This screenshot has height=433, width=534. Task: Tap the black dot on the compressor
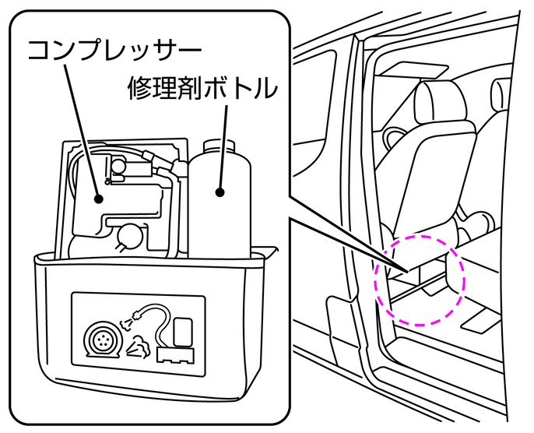[x=99, y=199]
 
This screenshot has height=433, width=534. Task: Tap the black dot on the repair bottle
[x=220, y=191]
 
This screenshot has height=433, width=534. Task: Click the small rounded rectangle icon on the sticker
[x=183, y=329]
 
